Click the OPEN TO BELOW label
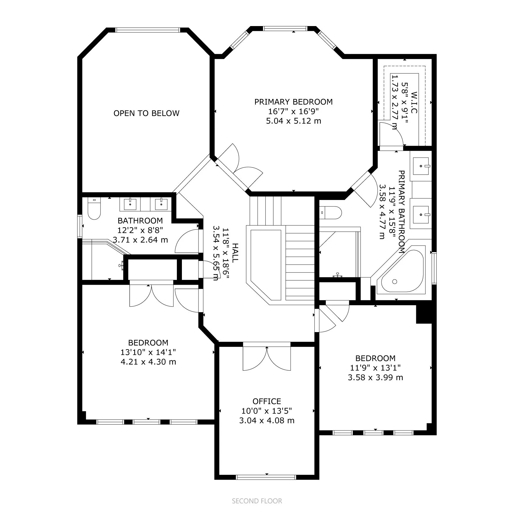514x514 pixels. coord(146,113)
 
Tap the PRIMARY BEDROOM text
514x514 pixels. coord(293,102)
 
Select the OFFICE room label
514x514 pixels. coord(267,401)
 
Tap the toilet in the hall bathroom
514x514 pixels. coord(95,209)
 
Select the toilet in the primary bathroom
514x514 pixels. coord(331,212)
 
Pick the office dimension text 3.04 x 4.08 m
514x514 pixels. coord(267,420)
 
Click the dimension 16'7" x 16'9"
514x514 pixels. coord(293,111)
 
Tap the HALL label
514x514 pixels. coord(235,253)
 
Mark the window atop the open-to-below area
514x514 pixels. coord(147,30)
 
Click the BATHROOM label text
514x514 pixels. coord(140,221)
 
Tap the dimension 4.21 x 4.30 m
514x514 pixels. coord(148,362)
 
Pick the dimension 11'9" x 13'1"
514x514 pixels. coord(375,368)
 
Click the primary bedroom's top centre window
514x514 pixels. coord(285,28)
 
